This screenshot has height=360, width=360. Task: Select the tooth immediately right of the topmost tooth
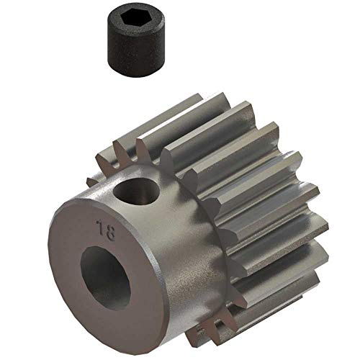point(248,119)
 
